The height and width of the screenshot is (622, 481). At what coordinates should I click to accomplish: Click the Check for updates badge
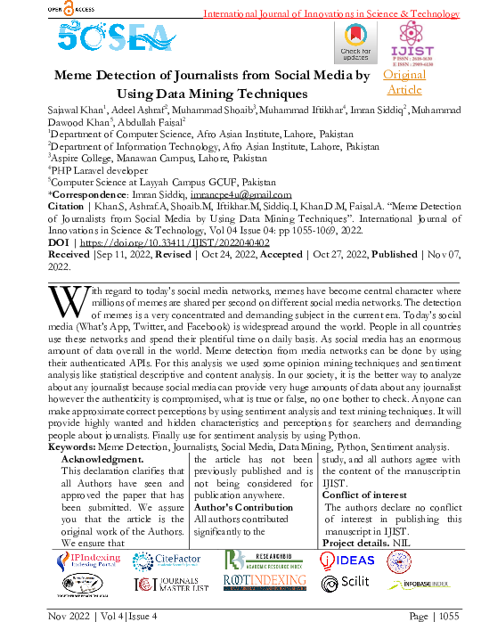pos(355,42)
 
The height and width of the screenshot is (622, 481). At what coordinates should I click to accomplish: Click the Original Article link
pos(404,82)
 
